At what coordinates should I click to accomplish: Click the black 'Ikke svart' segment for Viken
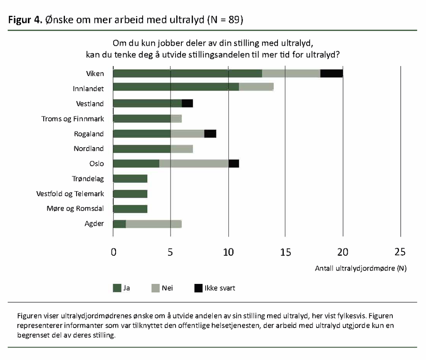tap(332, 74)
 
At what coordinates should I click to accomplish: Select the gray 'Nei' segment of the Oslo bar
tap(194, 163)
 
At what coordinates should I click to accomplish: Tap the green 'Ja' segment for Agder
tap(119, 224)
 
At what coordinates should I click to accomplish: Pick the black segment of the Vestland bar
tap(187, 104)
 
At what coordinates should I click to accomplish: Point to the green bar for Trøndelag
tap(130, 179)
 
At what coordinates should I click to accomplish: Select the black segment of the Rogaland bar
tap(210, 133)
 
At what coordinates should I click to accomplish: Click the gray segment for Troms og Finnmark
tap(176, 118)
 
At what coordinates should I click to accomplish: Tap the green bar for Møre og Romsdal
tap(130, 209)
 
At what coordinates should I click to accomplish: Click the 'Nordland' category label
tap(89, 148)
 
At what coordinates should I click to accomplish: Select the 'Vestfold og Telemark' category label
tap(70, 194)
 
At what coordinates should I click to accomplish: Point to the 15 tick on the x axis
tap(285, 252)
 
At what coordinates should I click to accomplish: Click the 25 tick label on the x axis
tap(400, 252)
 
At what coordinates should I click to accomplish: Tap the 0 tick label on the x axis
tap(113, 252)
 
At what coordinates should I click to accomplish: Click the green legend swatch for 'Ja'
tap(117, 288)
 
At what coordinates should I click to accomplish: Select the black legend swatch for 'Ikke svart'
tap(198, 288)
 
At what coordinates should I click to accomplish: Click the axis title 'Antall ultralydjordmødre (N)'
tap(361, 268)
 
